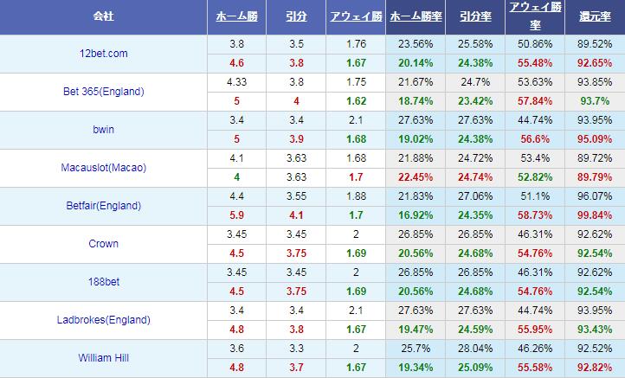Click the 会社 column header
click(x=103, y=16)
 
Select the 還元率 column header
click(x=594, y=16)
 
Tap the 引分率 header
click(x=474, y=16)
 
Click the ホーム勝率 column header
click(x=414, y=16)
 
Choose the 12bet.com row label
click(x=103, y=54)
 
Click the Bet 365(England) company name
click(x=103, y=92)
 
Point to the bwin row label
click(x=103, y=130)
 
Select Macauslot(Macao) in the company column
click(x=103, y=168)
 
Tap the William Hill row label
click(x=103, y=358)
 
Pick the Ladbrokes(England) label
click(x=103, y=320)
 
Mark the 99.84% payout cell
click(x=594, y=215)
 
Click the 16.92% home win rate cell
click(x=416, y=215)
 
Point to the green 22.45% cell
click(x=416, y=176)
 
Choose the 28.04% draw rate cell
click(x=474, y=349)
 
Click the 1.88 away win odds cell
click(x=353, y=196)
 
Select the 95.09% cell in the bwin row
click(x=594, y=138)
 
